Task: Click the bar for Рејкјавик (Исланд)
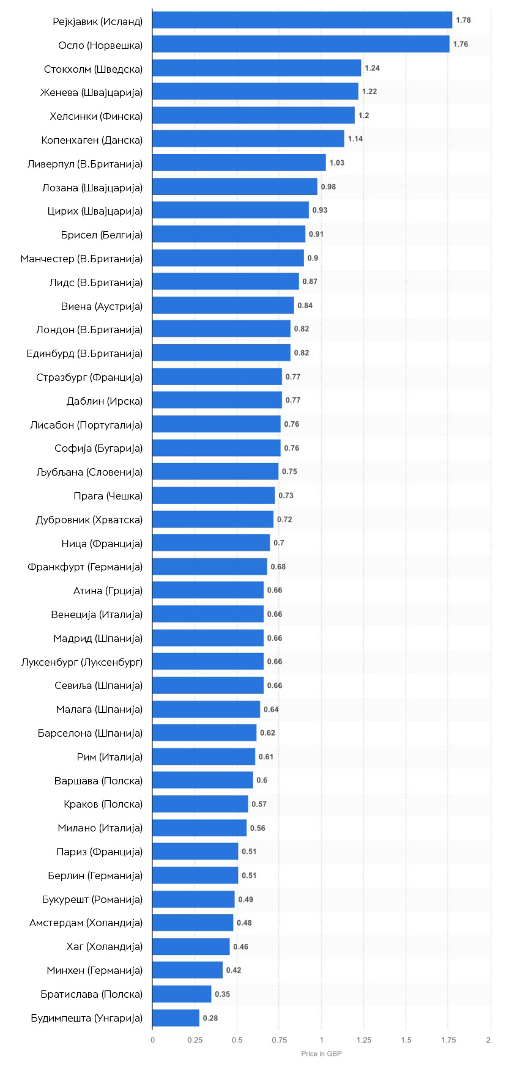point(302,20)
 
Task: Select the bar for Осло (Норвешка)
point(301,44)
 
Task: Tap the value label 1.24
point(372,68)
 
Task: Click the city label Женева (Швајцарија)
point(92,92)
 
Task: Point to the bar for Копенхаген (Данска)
point(248,139)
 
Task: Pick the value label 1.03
point(337,163)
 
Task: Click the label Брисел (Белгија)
point(102,235)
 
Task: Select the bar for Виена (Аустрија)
point(223,305)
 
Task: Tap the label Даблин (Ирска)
point(105,401)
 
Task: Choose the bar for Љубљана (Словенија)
point(215,471)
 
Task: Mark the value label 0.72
point(284,520)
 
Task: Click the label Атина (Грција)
point(108,591)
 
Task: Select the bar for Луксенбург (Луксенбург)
point(208,661)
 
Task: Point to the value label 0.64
point(271,709)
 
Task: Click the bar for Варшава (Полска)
point(202,780)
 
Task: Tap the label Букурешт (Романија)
point(92,899)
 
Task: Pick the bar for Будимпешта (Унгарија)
point(176,1018)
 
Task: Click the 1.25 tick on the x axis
point(363,1040)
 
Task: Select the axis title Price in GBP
point(321,1053)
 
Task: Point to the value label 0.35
point(222,994)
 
